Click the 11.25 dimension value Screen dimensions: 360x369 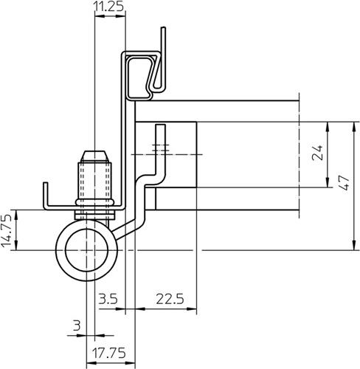coord(108,7)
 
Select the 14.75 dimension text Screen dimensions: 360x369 coord(7,230)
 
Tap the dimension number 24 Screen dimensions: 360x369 coord(317,153)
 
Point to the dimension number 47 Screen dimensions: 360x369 coord(344,183)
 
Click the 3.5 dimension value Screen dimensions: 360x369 coord(108,299)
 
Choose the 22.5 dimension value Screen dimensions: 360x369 coord(170,299)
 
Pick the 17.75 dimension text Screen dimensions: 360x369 coord(108,354)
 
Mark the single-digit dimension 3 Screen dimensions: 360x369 coord(77,325)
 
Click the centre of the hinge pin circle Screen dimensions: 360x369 coord(86,250)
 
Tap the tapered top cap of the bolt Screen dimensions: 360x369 coord(94,156)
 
